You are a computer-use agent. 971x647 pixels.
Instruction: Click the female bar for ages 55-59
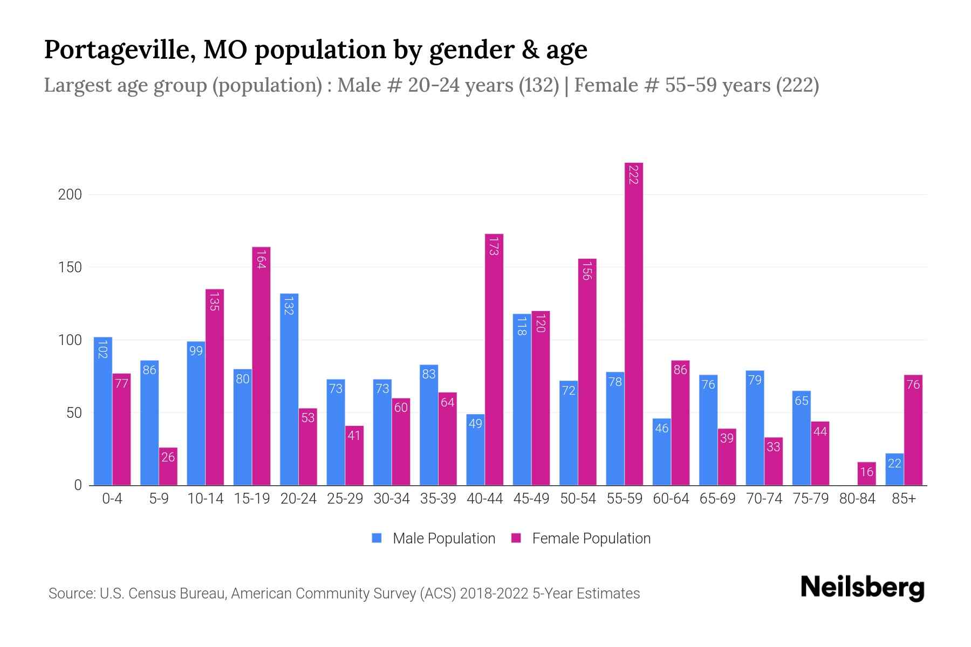[634, 323]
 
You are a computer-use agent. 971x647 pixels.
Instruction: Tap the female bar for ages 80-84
[866, 473]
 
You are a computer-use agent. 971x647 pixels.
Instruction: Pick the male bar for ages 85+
[894, 469]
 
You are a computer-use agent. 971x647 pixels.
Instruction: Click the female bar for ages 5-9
[168, 466]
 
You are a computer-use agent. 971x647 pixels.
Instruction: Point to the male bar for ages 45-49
[522, 399]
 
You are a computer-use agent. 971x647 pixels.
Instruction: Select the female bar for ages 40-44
[494, 359]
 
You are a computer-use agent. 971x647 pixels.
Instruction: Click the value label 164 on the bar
[261, 259]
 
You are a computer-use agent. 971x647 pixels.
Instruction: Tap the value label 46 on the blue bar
[661, 428]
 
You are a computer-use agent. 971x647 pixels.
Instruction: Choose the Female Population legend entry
[581, 539]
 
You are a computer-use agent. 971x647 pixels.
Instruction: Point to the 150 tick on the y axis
[70, 267]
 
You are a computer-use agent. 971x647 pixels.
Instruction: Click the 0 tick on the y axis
[78, 485]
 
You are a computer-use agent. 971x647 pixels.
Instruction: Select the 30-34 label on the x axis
[392, 499]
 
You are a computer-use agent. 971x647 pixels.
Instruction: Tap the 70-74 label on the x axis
[764, 499]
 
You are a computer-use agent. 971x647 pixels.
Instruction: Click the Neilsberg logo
[862, 588]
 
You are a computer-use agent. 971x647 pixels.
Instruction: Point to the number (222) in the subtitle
[797, 85]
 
